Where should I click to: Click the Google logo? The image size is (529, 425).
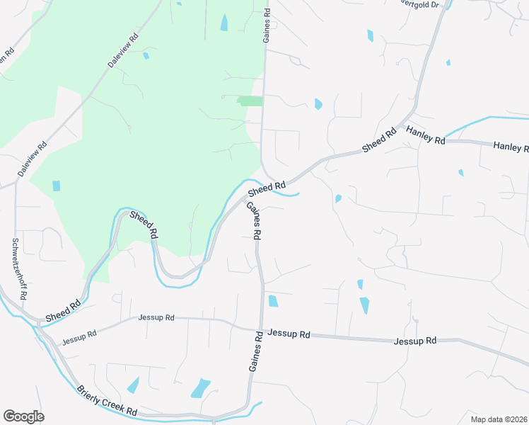tap(23, 416)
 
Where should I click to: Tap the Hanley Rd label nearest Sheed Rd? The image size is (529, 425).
tap(425, 134)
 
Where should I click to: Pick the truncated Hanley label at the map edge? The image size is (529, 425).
tap(511, 147)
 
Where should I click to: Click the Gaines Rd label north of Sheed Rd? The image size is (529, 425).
tap(267, 26)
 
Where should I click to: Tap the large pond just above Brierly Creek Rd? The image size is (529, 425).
tap(200, 388)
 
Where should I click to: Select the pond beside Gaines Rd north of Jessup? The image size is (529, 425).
tap(273, 301)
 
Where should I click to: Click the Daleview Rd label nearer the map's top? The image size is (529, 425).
tap(123, 50)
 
